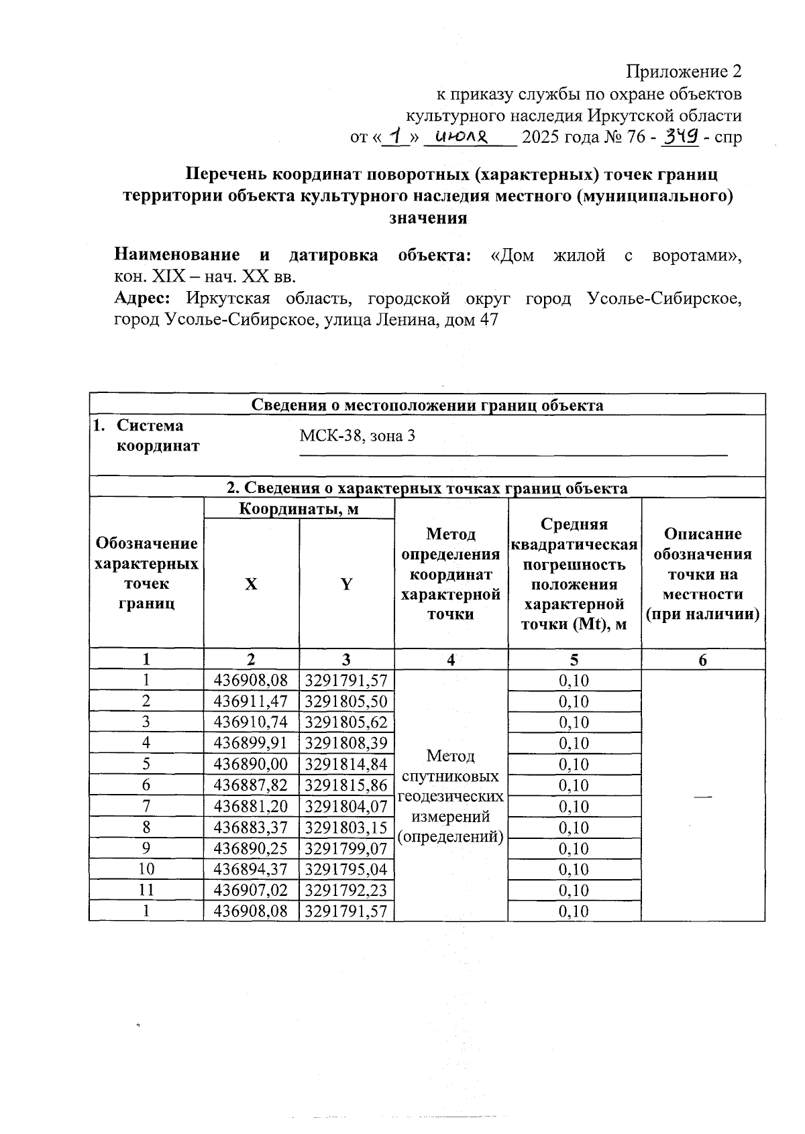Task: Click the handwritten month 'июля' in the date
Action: click(462, 137)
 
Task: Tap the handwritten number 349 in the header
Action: click(680, 137)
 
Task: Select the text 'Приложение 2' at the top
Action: click(684, 72)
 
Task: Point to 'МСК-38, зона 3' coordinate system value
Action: click(357, 436)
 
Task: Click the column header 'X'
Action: click(251, 584)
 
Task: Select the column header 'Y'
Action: click(346, 584)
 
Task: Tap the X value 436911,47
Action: click(251, 701)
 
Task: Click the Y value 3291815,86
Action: click(346, 785)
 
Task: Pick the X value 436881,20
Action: click(251, 806)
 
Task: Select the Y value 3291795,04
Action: click(346, 869)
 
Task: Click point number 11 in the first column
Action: click(146, 890)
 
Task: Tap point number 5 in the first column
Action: click(146, 764)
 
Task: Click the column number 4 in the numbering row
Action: click(451, 660)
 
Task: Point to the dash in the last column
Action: click(702, 795)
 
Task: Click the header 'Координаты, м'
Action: click(299, 509)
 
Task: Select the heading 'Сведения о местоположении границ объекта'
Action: click(427, 405)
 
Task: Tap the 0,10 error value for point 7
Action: click(574, 806)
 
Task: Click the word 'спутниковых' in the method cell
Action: click(450, 777)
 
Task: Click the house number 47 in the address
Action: click(488, 320)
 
